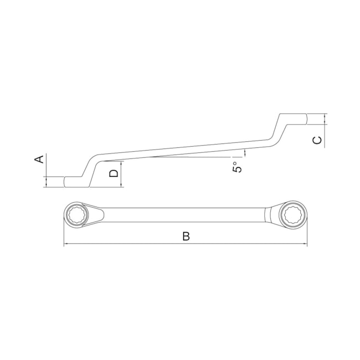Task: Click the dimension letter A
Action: click(x=39, y=160)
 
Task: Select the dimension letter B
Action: click(x=186, y=236)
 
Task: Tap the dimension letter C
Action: click(x=317, y=140)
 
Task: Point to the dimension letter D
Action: click(x=114, y=173)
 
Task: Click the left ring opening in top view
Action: click(x=76, y=214)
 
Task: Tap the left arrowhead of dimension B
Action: click(x=66, y=244)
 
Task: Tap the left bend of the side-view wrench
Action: click(x=91, y=166)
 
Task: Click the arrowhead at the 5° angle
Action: click(x=244, y=152)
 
